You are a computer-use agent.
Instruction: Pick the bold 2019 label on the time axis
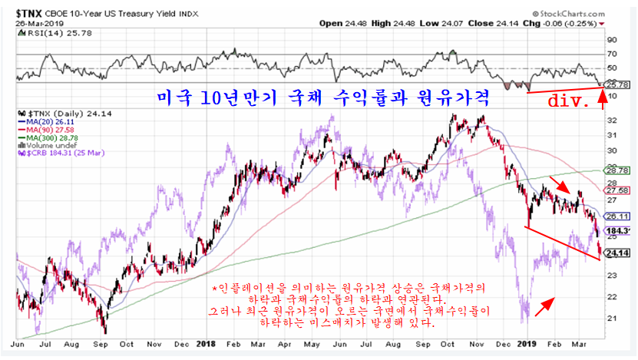click(x=525, y=345)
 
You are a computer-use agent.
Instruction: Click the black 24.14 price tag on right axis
click(x=618, y=253)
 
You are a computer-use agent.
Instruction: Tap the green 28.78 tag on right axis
click(x=618, y=170)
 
